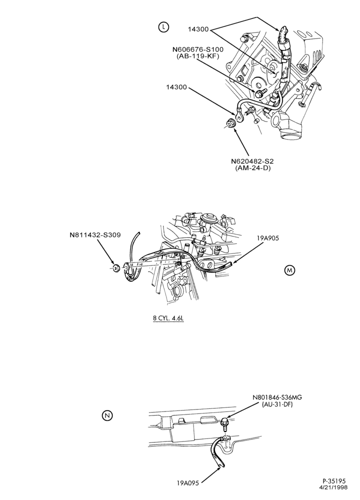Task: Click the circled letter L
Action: pos(163,27)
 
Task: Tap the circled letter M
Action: pos(289,270)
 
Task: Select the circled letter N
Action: pos(108,415)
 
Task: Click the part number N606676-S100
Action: pos(197,49)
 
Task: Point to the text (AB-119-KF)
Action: pos(197,56)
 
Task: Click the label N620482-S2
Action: pos(251,161)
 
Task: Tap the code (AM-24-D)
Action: pos(251,168)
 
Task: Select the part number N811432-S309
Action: pos(95,235)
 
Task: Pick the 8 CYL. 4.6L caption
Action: pos(168,318)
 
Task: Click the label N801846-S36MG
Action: pos(277,397)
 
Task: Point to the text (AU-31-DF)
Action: pos(277,404)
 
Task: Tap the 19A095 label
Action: pos(188,491)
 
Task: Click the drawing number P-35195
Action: pos(333,481)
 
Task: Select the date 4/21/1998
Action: pos(333,487)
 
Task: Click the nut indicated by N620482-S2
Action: pos(230,123)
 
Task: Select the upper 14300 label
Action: pos(198,29)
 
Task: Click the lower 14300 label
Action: pos(176,87)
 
